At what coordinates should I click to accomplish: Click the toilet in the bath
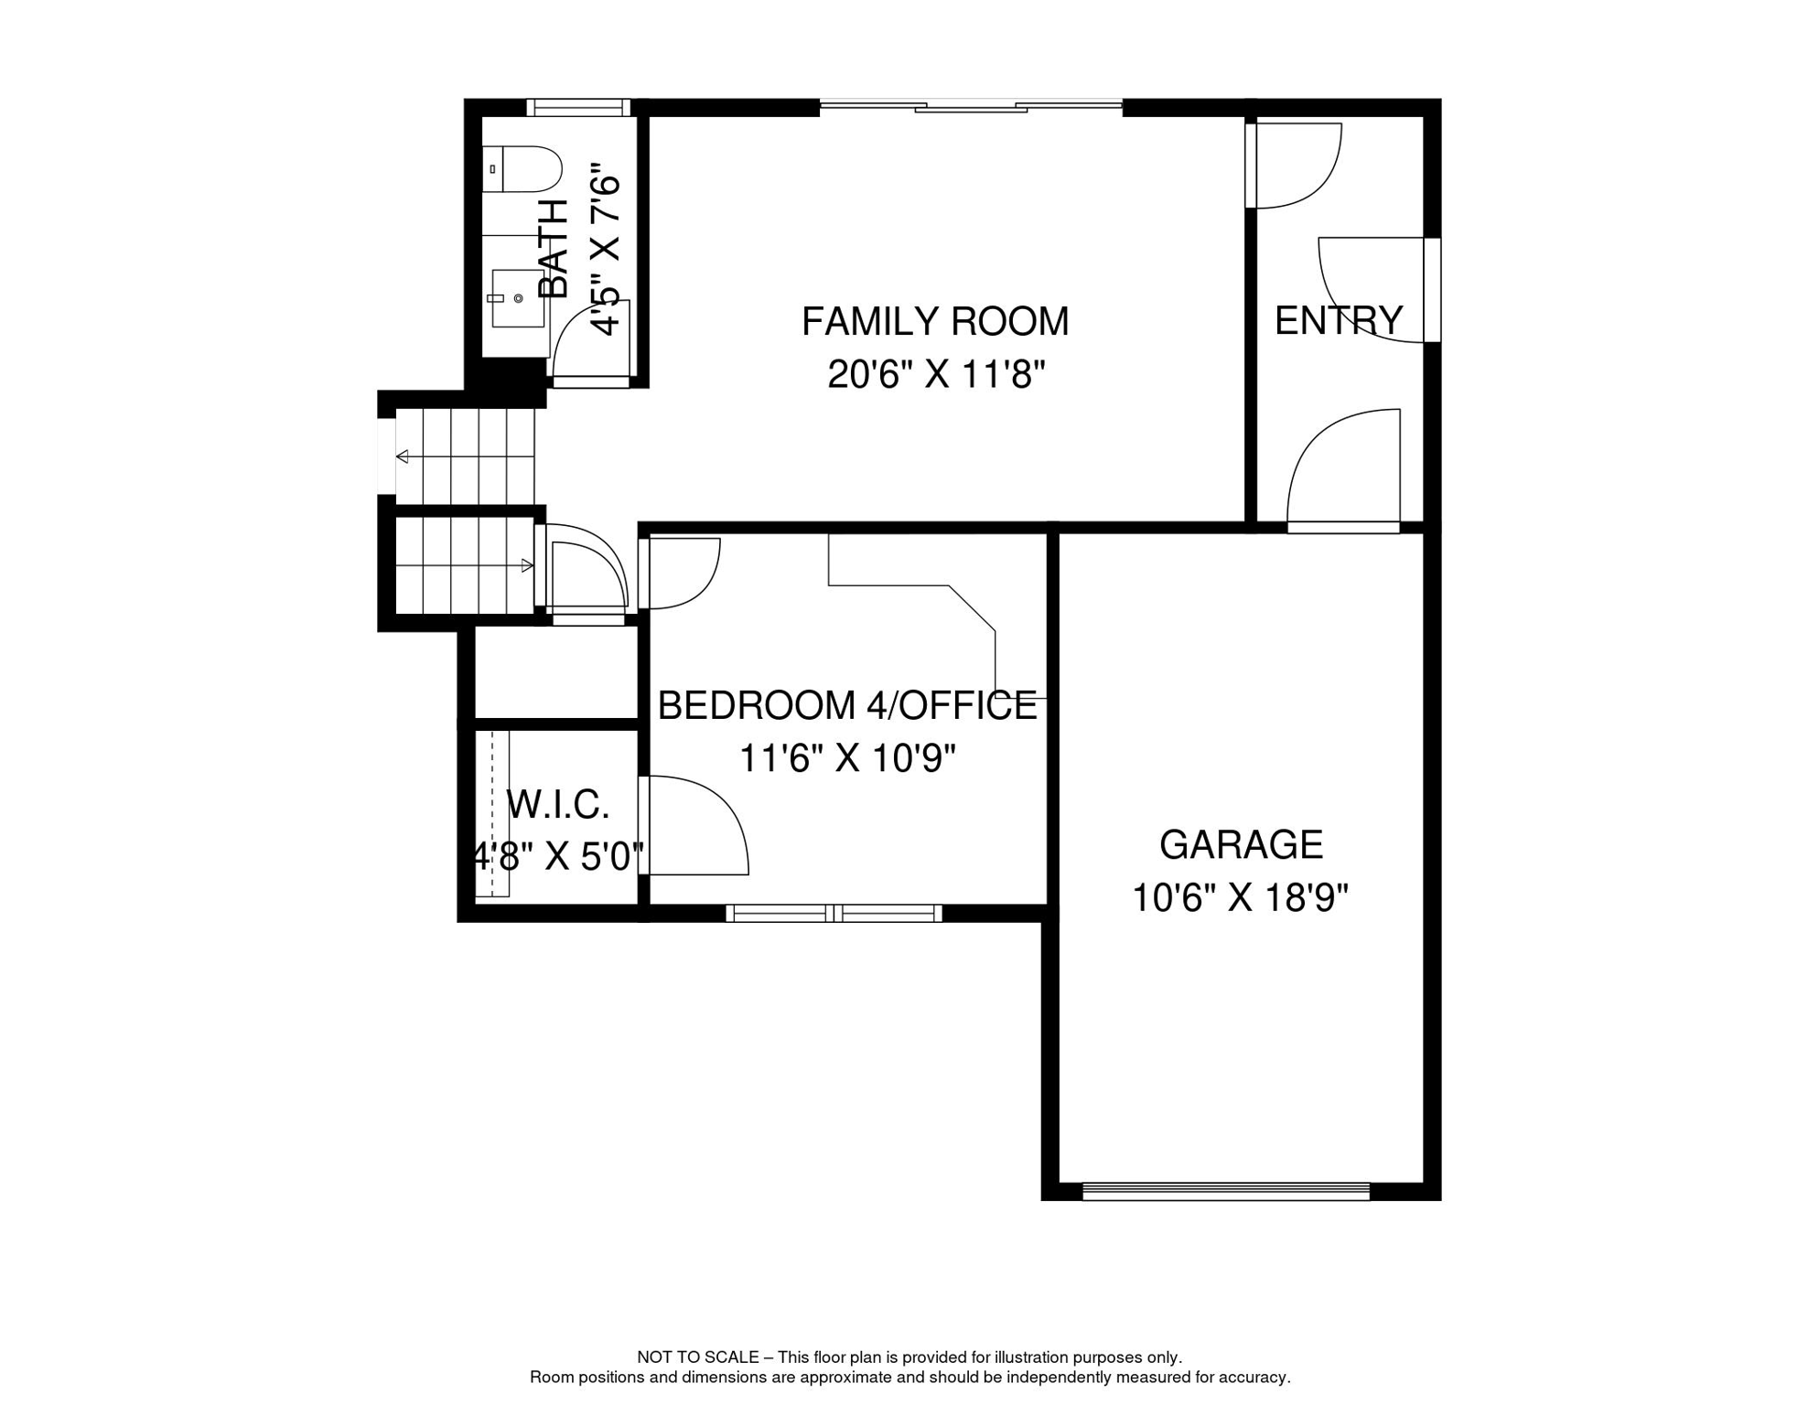click(x=522, y=169)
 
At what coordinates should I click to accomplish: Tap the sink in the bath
click(x=518, y=298)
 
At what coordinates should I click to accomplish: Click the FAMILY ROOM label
click(x=935, y=321)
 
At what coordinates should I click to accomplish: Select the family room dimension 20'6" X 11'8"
click(x=936, y=374)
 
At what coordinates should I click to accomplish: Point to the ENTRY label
click(x=1339, y=320)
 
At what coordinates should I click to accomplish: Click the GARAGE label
click(x=1241, y=844)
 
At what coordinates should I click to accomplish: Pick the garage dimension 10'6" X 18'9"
click(x=1241, y=897)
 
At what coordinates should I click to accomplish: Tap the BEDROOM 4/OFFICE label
click(x=847, y=705)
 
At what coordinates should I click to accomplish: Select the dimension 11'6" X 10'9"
click(x=847, y=758)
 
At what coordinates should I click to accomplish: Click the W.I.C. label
click(x=557, y=805)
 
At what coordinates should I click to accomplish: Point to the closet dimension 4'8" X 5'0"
click(x=557, y=857)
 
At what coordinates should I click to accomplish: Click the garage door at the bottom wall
click(x=1226, y=1191)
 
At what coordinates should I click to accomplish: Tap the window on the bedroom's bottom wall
click(x=834, y=913)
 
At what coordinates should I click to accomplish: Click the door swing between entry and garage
click(x=1343, y=468)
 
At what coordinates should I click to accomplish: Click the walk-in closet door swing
click(x=694, y=825)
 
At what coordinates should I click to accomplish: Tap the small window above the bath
click(x=578, y=107)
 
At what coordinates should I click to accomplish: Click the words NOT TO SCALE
click(x=698, y=1357)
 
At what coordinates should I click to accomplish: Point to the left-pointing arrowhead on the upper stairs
click(x=402, y=456)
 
